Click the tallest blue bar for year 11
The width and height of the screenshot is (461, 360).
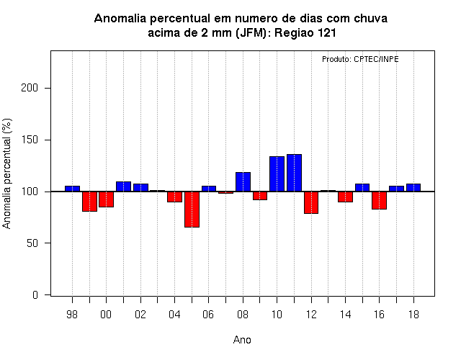click(x=294, y=173)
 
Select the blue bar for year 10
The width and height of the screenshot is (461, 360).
click(x=277, y=174)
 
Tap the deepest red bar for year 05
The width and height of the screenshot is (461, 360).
click(x=192, y=210)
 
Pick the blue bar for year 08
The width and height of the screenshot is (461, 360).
click(x=243, y=182)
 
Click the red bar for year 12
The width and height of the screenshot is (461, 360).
click(x=311, y=202)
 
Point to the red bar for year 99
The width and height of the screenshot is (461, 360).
click(x=89, y=202)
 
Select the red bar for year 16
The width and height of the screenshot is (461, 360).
click(x=380, y=200)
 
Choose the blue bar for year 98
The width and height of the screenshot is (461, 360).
click(x=72, y=189)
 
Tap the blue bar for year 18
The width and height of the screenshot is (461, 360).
click(x=413, y=188)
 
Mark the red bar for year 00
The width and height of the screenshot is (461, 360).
click(x=106, y=199)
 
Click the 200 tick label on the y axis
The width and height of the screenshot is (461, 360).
click(x=30, y=88)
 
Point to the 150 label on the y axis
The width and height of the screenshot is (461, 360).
click(x=30, y=140)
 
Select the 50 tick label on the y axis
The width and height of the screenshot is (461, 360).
click(x=32, y=243)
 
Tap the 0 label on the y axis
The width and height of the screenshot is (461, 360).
click(x=35, y=294)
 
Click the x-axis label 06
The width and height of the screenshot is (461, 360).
click(x=208, y=315)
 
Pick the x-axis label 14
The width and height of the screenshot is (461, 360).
click(x=346, y=315)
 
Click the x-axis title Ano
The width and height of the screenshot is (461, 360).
click(x=242, y=340)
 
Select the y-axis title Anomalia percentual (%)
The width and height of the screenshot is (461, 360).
click(x=6, y=174)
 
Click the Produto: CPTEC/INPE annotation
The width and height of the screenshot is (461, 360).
click(x=360, y=59)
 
